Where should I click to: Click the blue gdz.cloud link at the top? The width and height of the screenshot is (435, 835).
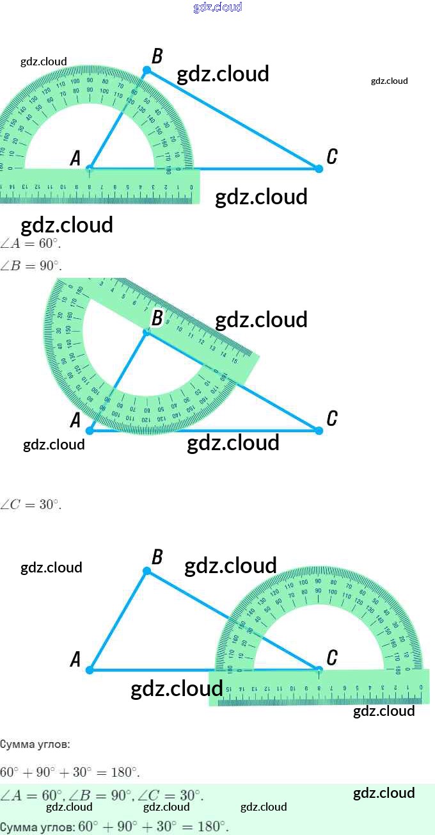tap(217, 8)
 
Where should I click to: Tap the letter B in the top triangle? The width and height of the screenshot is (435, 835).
tap(157, 57)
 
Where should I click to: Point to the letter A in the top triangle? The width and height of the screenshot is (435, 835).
tap(75, 158)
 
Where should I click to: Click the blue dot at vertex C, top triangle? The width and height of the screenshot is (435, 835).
tap(319, 168)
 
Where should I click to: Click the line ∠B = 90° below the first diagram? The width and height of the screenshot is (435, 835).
tap(31, 266)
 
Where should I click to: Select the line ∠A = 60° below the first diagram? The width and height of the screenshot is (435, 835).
tap(31, 244)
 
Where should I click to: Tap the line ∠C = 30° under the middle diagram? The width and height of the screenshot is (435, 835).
tap(31, 505)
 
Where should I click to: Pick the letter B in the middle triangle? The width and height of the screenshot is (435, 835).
tap(157, 318)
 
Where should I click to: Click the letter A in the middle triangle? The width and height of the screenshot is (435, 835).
tap(75, 421)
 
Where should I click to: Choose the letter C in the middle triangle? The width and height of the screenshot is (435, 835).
tap(332, 419)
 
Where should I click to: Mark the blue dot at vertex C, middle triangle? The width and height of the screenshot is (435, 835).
tap(319, 430)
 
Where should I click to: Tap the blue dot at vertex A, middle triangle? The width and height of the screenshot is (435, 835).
tap(90, 430)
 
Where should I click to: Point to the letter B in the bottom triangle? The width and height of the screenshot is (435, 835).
tap(157, 557)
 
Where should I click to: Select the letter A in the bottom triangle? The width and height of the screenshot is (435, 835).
tap(75, 660)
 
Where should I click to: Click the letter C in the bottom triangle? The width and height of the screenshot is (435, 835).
tap(332, 658)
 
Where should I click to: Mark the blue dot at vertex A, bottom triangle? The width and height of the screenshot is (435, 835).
tap(90, 670)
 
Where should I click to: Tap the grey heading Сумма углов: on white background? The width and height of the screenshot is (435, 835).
tap(35, 745)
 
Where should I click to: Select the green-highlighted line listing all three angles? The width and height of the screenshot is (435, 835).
tap(102, 796)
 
